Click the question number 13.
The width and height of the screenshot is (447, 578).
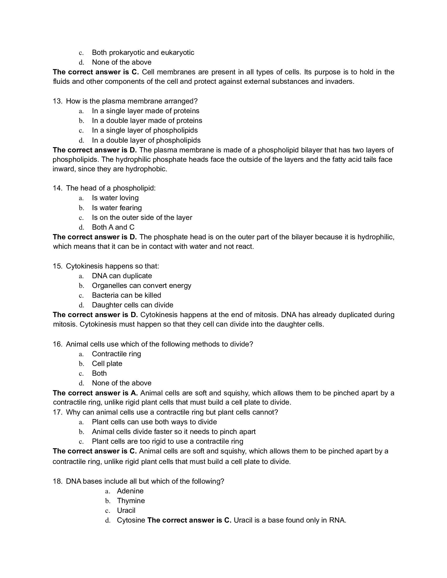pyautogui.click(x=57, y=101)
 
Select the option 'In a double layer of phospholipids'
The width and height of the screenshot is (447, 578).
pyautogui.click(x=146, y=140)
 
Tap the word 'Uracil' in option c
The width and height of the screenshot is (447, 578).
pyautogui.click(x=126, y=510)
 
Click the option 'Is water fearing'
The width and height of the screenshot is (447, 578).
pyautogui.click(x=117, y=208)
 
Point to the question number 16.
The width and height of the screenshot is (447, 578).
pyautogui.click(x=57, y=344)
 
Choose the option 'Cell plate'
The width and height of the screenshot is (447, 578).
pyautogui.click(x=107, y=364)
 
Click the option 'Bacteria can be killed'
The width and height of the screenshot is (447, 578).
pyautogui.click(x=126, y=295)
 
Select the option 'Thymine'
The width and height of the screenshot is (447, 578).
pyautogui.click(x=131, y=500)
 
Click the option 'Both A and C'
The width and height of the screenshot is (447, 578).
pyautogui.click(x=113, y=227)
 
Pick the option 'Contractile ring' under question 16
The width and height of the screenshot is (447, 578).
pyautogui.click(x=116, y=354)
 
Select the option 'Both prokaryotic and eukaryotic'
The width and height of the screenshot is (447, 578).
pyautogui.click(x=143, y=52)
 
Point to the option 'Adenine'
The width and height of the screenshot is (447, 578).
pyautogui.click(x=130, y=491)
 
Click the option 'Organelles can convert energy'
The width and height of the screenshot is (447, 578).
pyautogui.click(x=141, y=286)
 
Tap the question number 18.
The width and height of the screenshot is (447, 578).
pyautogui.click(x=57, y=481)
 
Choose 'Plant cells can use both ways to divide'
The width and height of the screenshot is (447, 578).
pyautogui.click(x=154, y=422)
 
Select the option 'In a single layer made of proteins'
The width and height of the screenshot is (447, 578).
pyautogui.click(x=146, y=111)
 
